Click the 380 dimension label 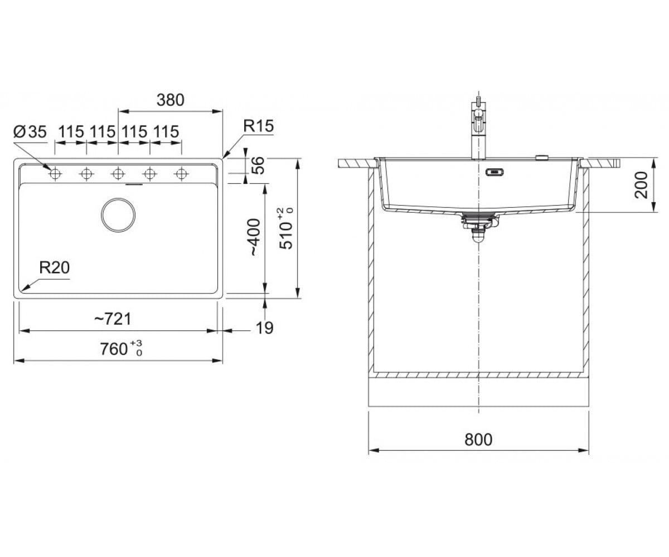(x=170, y=100)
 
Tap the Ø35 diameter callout (x=30, y=132)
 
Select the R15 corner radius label (x=258, y=126)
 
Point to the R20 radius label (x=54, y=267)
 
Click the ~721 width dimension (x=113, y=319)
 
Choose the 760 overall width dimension (x=121, y=349)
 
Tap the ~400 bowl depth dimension (x=255, y=237)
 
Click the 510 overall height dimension (x=286, y=228)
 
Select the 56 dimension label (x=258, y=165)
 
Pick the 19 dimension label (x=265, y=328)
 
